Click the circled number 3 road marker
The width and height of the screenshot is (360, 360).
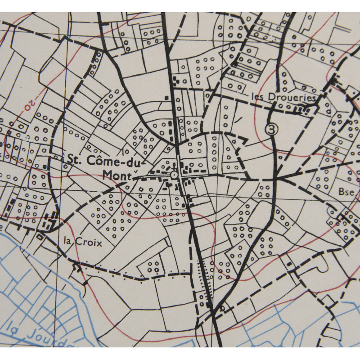coord(271,129)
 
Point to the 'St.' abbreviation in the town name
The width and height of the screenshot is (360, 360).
coord(73,159)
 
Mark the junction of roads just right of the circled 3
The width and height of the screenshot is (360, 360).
coord(276,179)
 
